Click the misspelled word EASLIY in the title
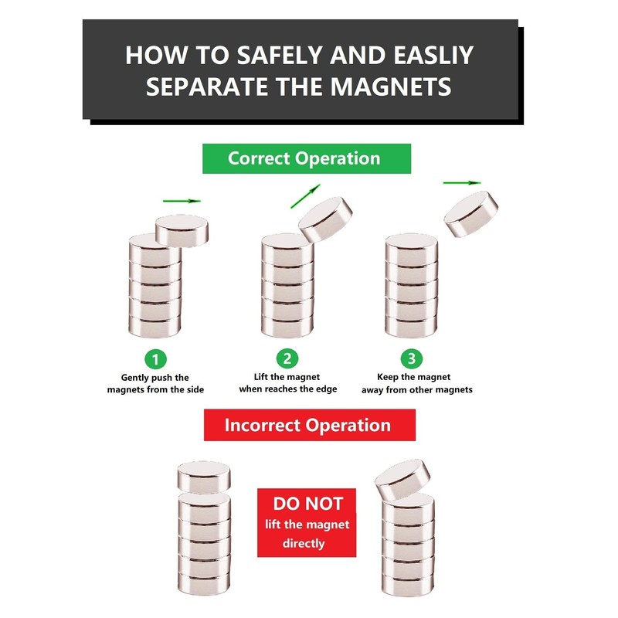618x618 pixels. pyautogui.click(x=433, y=55)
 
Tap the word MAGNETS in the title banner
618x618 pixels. pyautogui.click(x=391, y=87)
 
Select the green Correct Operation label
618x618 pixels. pyautogui.click(x=306, y=158)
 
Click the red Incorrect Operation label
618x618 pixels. pyautogui.click(x=310, y=425)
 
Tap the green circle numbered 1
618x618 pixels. pyautogui.click(x=155, y=359)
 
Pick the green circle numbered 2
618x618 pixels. pyautogui.click(x=287, y=358)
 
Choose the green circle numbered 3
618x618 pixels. pyautogui.click(x=412, y=358)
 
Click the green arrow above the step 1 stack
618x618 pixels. pyautogui.click(x=182, y=201)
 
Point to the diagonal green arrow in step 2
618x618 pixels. pyautogui.click(x=305, y=196)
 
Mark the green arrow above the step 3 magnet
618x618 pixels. pyautogui.click(x=462, y=183)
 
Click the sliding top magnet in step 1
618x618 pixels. pyautogui.click(x=182, y=230)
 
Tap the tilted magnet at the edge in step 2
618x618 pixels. pyautogui.click(x=325, y=219)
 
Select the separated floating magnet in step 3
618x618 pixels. pyautogui.click(x=471, y=214)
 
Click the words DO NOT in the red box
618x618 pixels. pyautogui.click(x=307, y=504)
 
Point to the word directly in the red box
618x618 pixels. pyautogui.click(x=304, y=544)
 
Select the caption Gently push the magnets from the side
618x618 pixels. pyautogui.click(x=156, y=383)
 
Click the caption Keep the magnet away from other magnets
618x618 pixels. pyautogui.click(x=417, y=383)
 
